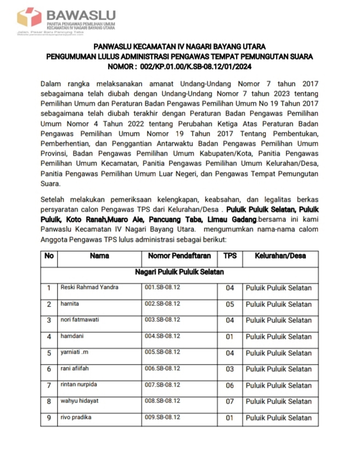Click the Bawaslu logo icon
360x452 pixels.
pos(29,17)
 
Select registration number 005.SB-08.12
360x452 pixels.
pos(162,352)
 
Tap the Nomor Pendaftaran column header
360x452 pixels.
pos(176,256)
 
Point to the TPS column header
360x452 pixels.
pos(229,256)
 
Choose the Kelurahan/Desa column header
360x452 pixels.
pos(280,256)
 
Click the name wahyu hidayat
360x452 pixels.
pos(80,401)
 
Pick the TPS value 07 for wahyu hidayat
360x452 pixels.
pos(229,402)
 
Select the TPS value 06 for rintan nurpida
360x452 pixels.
pos(229,385)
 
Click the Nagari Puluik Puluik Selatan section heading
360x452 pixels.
pos(179,272)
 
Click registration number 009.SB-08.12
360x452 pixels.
pos(162,417)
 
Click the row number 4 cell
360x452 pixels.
pos(49,336)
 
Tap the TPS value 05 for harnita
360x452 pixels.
pos(229,304)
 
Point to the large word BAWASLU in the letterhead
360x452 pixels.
pos(80,14)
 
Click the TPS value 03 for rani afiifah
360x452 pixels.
pos(229,369)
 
